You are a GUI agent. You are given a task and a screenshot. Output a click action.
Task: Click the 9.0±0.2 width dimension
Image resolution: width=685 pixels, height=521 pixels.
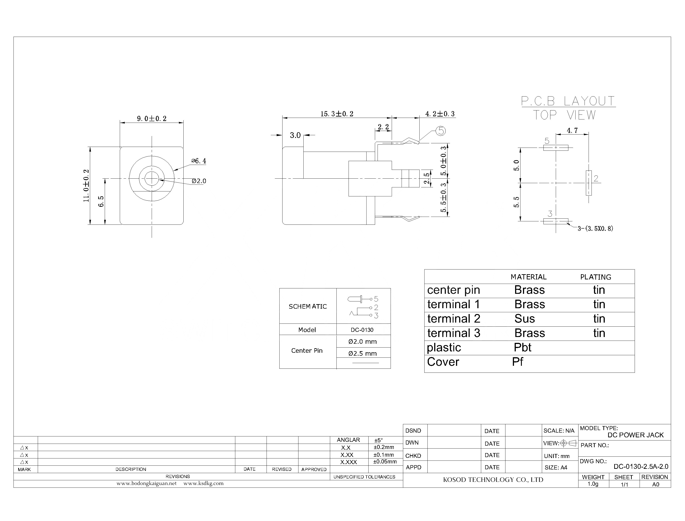point(151,119)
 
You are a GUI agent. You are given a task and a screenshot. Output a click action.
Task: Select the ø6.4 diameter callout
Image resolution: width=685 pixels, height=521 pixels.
point(199,161)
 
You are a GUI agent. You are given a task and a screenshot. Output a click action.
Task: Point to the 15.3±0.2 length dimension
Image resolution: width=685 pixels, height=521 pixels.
point(336,114)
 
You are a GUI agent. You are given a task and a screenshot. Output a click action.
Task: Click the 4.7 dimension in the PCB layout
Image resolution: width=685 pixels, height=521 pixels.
point(572,130)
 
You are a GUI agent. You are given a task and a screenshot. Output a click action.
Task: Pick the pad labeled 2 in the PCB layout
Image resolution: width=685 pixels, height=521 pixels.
point(589,183)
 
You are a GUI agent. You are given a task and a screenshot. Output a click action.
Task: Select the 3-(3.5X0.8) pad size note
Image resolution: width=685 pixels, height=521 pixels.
point(595,229)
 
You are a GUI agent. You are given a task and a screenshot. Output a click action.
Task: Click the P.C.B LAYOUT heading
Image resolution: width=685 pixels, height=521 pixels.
point(568,101)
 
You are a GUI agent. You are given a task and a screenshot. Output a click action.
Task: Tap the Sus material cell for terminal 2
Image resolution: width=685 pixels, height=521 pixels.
point(525,319)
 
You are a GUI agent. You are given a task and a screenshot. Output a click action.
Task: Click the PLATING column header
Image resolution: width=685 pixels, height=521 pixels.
point(596,277)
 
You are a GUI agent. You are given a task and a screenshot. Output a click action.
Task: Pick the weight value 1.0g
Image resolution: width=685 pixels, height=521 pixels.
point(593,484)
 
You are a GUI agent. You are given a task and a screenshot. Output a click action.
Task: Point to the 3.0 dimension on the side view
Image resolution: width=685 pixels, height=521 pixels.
point(295,135)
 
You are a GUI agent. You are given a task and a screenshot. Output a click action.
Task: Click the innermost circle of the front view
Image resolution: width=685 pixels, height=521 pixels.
point(151,178)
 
